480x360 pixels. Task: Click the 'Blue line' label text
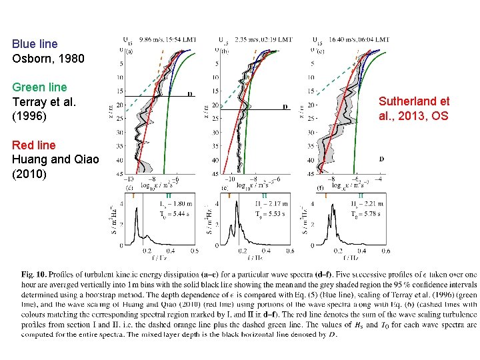click(x=35, y=44)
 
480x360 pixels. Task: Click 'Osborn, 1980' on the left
click(x=48, y=59)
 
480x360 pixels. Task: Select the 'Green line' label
click(x=39, y=87)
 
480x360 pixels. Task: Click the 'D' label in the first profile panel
click(x=190, y=94)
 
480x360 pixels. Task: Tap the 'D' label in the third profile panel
click(x=381, y=159)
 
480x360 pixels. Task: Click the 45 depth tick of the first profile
click(x=120, y=174)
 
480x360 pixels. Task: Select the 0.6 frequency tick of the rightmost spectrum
click(x=385, y=251)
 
